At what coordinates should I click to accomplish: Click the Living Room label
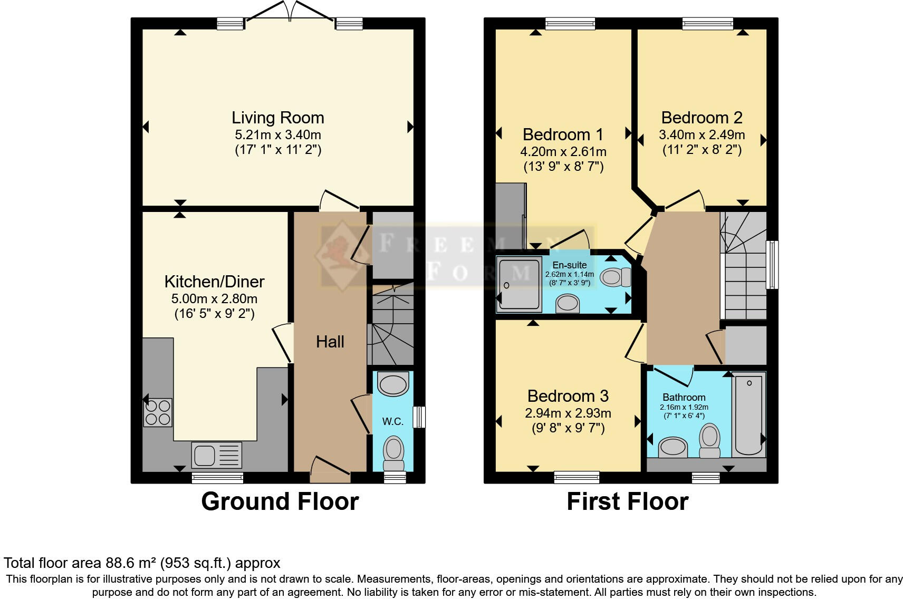coord(278,118)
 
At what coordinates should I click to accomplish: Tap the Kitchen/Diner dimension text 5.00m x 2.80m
coord(215,298)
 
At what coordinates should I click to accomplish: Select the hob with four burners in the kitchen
coord(158,412)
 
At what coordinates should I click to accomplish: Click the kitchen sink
coord(217,456)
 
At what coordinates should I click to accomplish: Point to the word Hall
coord(330,342)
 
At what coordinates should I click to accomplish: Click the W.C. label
coord(392,422)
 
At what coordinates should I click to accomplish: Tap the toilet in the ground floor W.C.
coord(393,453)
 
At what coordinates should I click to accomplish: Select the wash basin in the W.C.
coord(393,384)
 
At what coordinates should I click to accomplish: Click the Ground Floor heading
coord(280,501)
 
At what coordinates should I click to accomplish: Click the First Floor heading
coord(628,501)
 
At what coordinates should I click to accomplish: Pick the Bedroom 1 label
coord(563,134)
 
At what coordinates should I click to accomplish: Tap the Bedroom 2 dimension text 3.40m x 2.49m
coord(702,134)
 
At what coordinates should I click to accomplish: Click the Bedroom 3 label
coord(568,396)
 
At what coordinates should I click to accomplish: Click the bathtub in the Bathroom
coord(749,414)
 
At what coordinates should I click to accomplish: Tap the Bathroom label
coord(684,398)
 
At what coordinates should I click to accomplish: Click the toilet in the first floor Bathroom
coord(709,441)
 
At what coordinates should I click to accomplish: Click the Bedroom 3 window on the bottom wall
coord(577,477)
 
